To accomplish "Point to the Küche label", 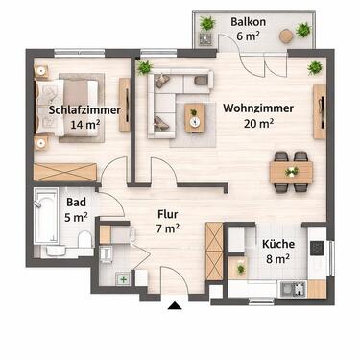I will click(x=277, y=244).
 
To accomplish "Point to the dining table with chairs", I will click(x=290, y=170).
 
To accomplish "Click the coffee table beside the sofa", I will click(x=196, y=116).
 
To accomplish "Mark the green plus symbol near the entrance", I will click(x=123, y=280).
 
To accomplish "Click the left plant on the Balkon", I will click(x=207, y=24).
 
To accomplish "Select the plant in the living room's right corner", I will click(x=315, y=68).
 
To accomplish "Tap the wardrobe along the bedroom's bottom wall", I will click(x=65, y=173).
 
